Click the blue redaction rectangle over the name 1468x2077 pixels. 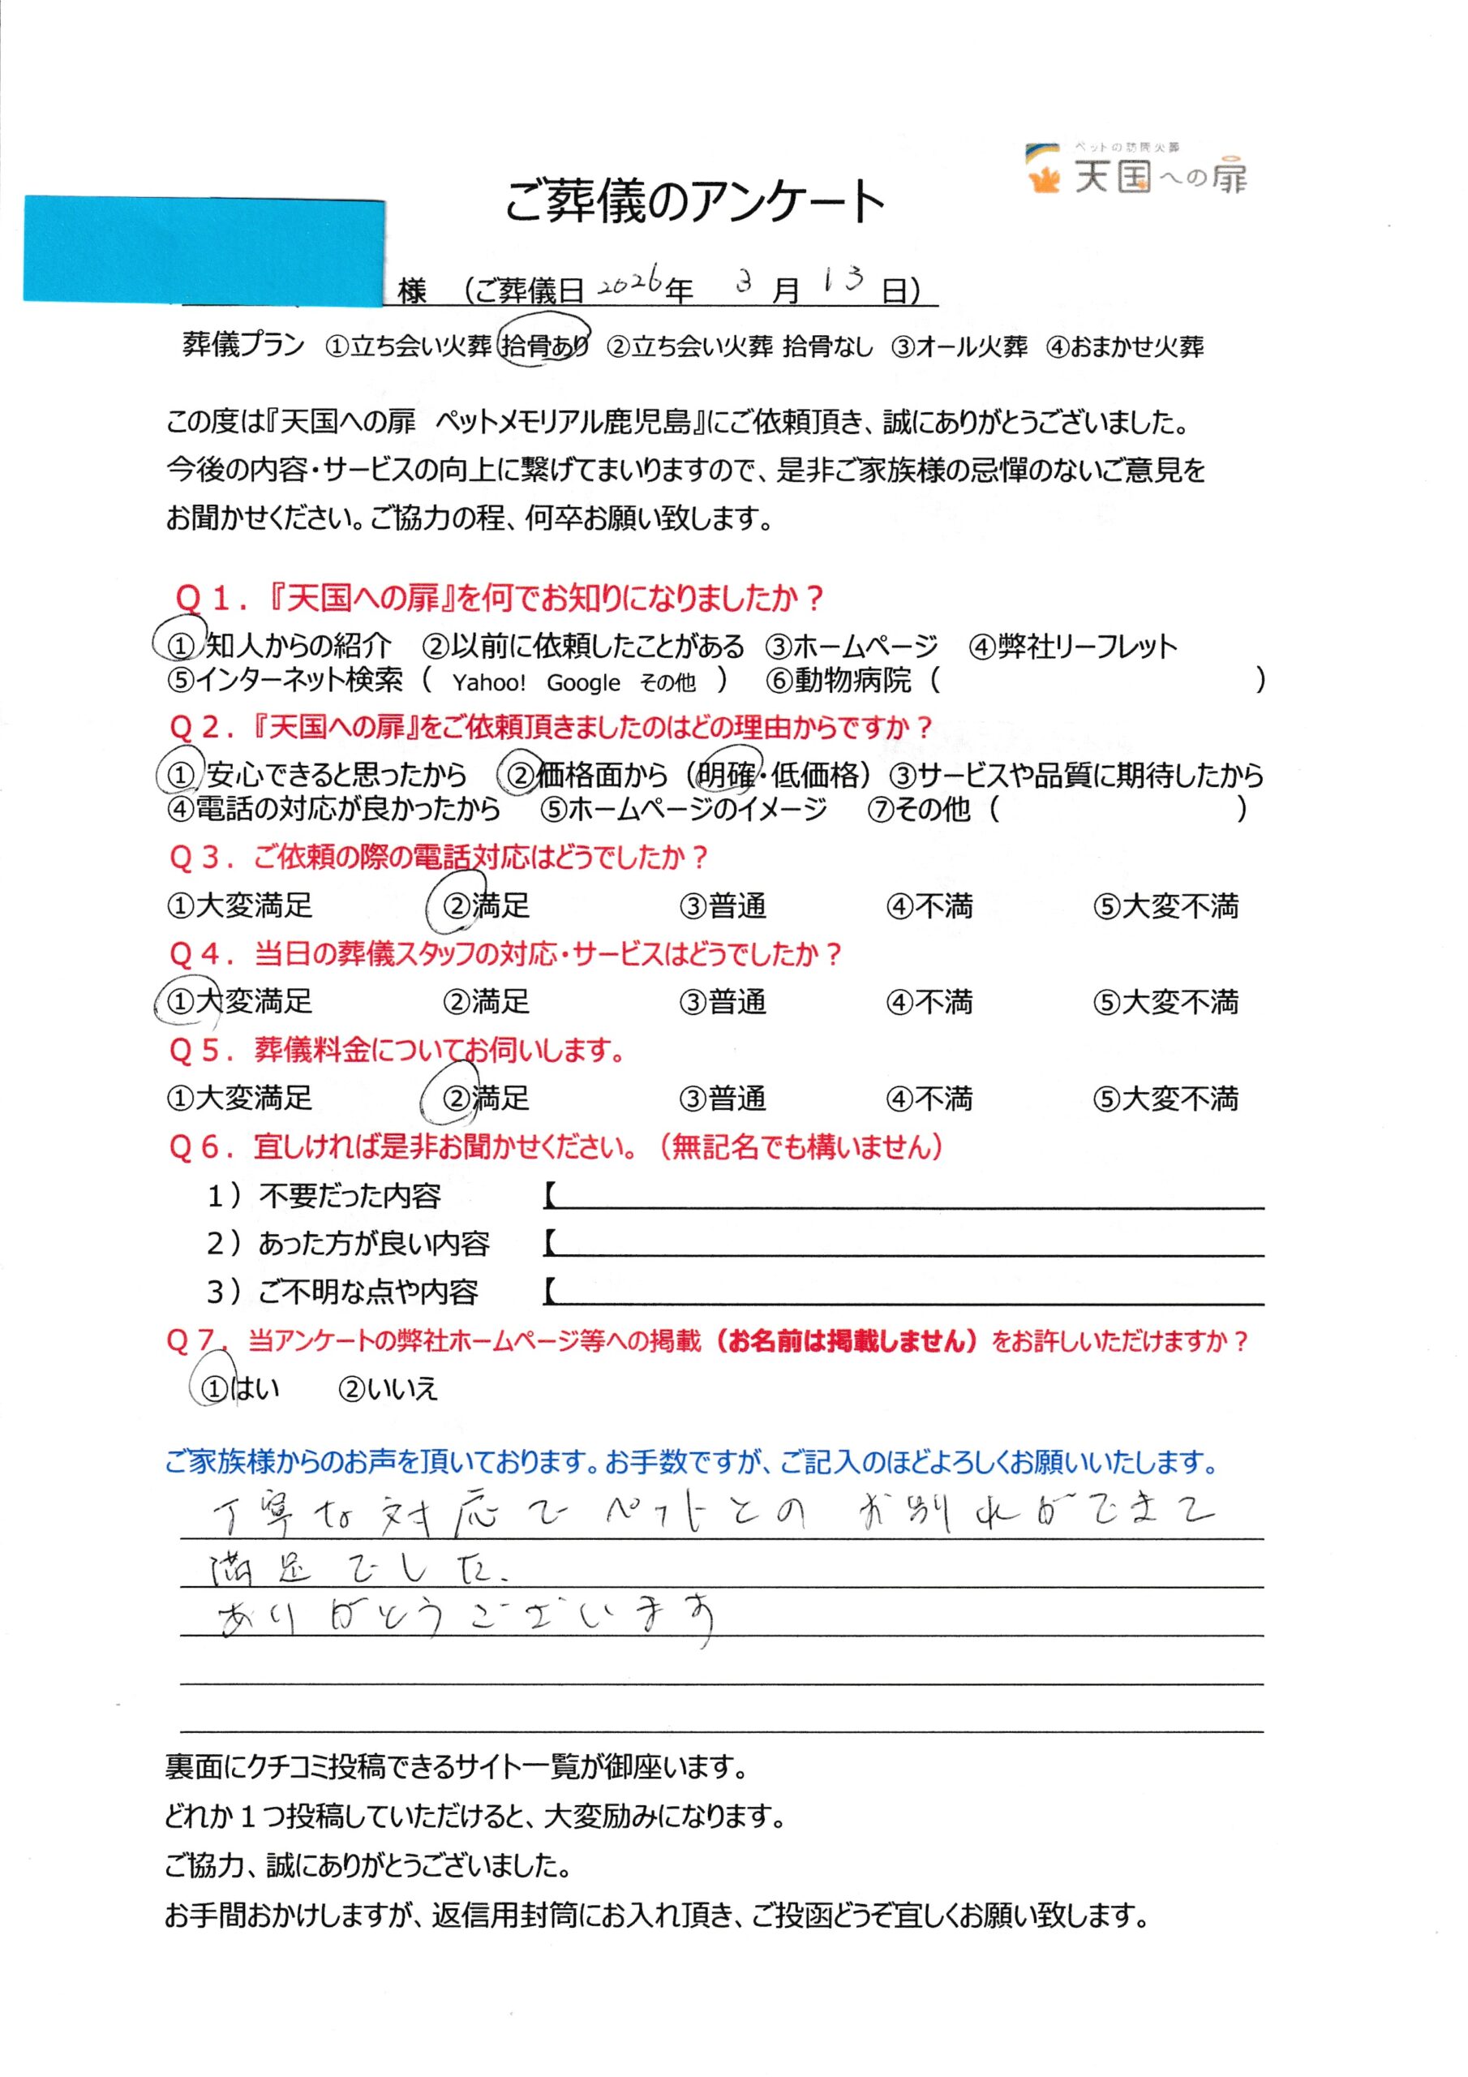click(x=204, y=249)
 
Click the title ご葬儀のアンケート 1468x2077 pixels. click(x=693, y=201)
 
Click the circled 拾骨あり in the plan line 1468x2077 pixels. click(x=544, y=345)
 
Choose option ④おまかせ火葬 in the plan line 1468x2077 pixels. click(x=1124, y=346)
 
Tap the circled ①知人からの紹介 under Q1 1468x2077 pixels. click(x=278, y=646)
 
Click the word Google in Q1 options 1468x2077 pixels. click(x=583, y=683)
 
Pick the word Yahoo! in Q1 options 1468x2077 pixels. click(x=488, y=683)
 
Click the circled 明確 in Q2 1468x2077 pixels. click(x=728, y=774)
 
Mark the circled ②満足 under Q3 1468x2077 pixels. click(x=485, y=905)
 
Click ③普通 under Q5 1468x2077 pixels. click(x=723, y=1099)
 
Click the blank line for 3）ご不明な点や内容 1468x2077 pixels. click(x=904, y=1292)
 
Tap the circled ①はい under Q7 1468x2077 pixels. click(x=238, y=1388)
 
